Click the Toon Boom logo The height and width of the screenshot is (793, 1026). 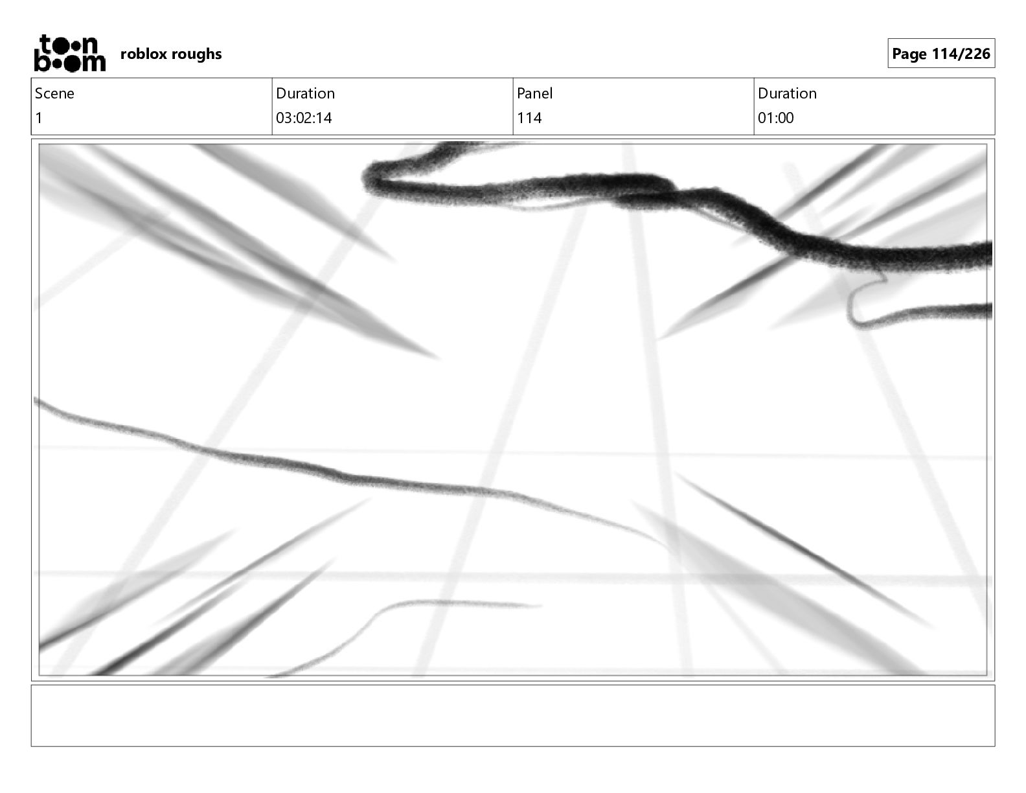pos(69,53)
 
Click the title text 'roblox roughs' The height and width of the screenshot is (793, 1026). pos(171,54)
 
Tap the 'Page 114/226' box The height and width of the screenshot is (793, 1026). pos(940,54)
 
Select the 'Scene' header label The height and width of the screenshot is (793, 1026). pos(54,93)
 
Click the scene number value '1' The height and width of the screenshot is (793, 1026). pos(39,118)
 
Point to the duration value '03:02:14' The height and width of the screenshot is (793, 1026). pos(304,118)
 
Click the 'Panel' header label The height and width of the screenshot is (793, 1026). pos(534,93)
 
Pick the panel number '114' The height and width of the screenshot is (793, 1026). pos(529,118)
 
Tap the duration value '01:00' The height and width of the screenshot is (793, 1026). pos(775,118)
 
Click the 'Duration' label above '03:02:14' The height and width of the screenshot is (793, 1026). pos(305,93)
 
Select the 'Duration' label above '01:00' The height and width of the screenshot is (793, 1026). pos(787,93)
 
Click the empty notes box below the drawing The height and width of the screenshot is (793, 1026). pos(512,715)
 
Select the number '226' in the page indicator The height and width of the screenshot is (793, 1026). pos(977,54)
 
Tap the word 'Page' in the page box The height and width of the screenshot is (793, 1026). pos(909,54)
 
